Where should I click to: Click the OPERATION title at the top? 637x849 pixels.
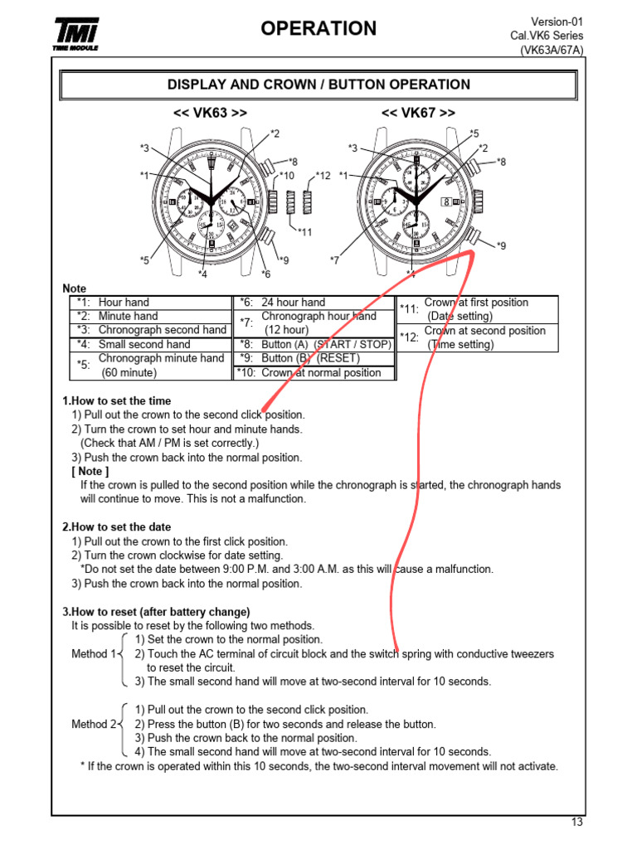318,29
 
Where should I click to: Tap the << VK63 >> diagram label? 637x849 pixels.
210,113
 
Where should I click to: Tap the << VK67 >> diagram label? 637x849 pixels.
418,113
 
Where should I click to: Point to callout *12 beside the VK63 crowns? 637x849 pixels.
323,176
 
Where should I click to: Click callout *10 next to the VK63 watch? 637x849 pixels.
286,176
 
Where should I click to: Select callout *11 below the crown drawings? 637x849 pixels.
304,232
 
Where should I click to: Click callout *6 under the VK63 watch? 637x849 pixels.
265,274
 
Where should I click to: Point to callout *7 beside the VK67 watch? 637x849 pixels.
334,260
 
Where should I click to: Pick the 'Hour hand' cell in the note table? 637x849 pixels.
124,303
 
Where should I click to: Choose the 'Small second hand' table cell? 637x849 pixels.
144,344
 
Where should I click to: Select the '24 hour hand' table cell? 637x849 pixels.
293,303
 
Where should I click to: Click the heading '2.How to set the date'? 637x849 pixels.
117,527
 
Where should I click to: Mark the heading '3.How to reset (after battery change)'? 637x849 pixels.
156,612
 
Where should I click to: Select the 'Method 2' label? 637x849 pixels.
94,724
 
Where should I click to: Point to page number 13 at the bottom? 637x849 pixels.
577,822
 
